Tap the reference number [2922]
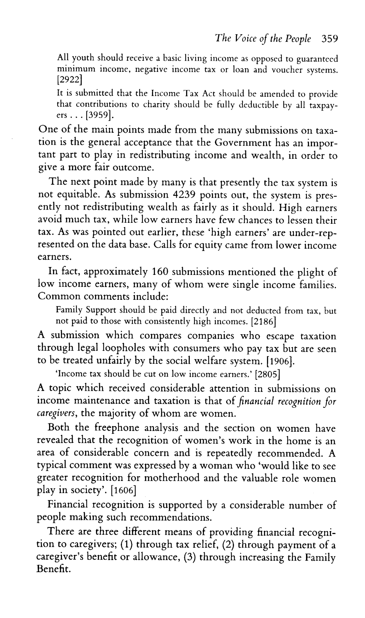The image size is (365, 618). click(x=69, y=80)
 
